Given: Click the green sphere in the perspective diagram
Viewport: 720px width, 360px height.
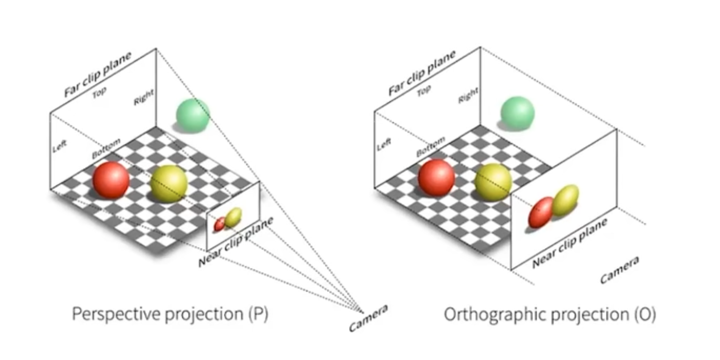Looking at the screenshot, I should pos(193,115).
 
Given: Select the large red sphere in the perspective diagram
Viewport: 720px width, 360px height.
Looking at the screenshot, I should pos(111,180).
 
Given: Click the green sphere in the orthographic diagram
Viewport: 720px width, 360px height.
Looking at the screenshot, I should pos(517,113).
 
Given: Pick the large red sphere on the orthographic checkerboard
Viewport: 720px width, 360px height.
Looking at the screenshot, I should pos(436,178).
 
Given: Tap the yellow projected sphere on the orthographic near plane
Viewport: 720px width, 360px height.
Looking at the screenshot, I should pos(565,201).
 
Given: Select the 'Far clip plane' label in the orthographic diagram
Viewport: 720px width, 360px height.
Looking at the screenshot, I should pos(422,73).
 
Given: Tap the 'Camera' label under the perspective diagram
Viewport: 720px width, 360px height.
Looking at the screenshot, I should pos(368,318).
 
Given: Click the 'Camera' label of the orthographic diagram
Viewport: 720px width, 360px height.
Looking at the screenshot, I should pos(620,270).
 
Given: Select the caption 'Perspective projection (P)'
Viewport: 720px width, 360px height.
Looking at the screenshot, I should pos(170,314).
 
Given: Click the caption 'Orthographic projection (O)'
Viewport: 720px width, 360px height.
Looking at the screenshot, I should pos(549,314).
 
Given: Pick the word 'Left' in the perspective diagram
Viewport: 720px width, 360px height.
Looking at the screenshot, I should pos(60,145).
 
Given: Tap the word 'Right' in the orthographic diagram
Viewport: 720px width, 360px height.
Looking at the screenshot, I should pos(468,95).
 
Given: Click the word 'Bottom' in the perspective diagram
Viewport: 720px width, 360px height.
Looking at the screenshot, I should pos(106,149).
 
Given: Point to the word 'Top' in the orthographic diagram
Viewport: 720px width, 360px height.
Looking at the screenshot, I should pos(424,92).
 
